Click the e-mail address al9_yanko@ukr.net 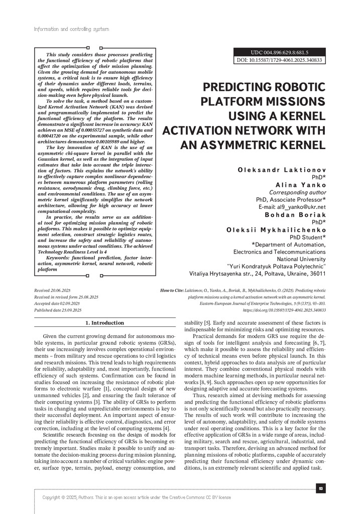click(x=299, y=206)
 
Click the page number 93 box click(x=320, y=488)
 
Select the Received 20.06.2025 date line click(x=52, y=291)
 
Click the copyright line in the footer click(x=137, y=497)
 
